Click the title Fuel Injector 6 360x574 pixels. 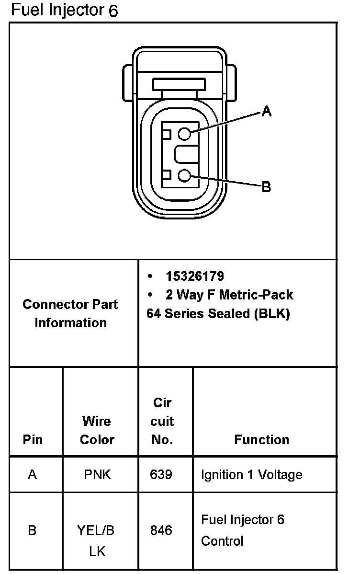tap(64, 10)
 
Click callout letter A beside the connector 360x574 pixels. tap(267, 112)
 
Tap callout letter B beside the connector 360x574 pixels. tap(266, 187)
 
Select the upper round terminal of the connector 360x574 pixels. tap(185, 134)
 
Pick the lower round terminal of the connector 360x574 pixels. tap(185, 176)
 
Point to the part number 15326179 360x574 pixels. tap(195, 276)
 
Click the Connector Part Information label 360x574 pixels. tap(70, 313)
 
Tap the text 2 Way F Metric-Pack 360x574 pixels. tap(229, 295)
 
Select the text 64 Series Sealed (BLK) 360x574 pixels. tap(218, 314)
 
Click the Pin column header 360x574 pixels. tap(33, 440)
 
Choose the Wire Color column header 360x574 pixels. tap(97, 430)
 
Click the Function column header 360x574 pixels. tap(261, 440)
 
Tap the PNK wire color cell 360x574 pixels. tap(97, 475)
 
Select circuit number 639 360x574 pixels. tap(161, 475)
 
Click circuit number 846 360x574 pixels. tap(161, 530)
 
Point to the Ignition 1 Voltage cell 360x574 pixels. tap(251, 475)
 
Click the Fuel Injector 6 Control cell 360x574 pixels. tap(242, 530)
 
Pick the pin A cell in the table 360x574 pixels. tap(33, 475)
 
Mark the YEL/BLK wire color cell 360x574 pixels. tap(97, 541)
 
